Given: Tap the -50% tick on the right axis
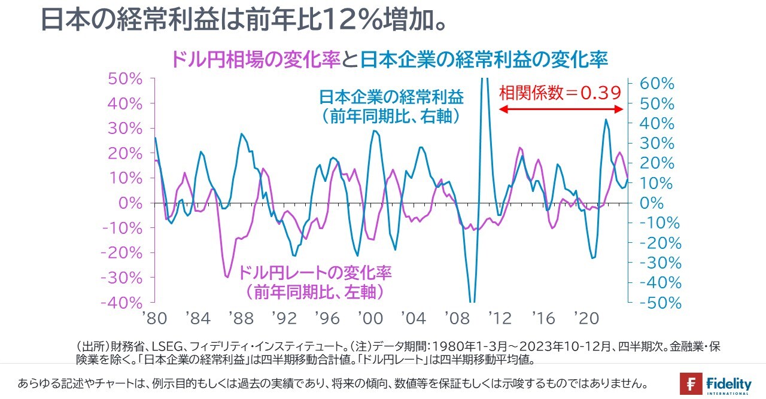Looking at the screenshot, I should coord(656,303).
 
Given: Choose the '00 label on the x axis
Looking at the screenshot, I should coord(370,318).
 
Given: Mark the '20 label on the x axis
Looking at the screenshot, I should coord(586,318).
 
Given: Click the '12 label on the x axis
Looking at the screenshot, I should coord(500,318).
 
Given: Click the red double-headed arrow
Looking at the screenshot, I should coord(561,109).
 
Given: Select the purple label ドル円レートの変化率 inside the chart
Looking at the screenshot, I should coord(315,273).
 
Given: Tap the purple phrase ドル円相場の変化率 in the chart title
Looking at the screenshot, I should coord(256,59).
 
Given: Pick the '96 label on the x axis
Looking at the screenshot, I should coord(327,318).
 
